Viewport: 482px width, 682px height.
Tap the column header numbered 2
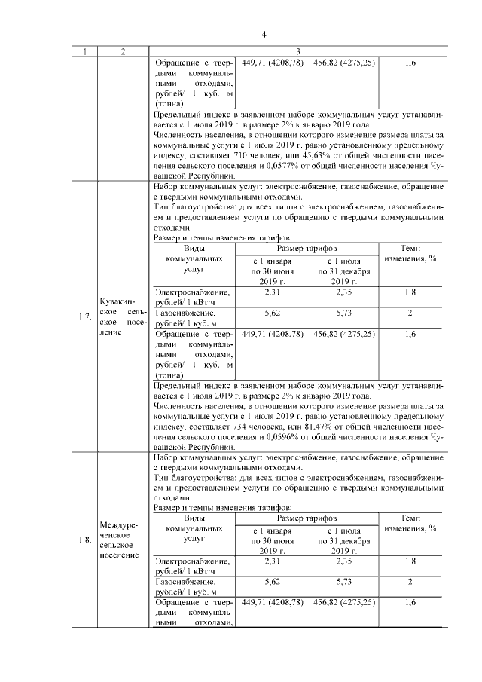coord(124,52)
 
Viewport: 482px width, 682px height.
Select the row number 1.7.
coord(85,317)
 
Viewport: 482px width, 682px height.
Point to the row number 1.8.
coord(85,539)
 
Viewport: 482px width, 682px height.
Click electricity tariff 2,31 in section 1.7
coord(273,292)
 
